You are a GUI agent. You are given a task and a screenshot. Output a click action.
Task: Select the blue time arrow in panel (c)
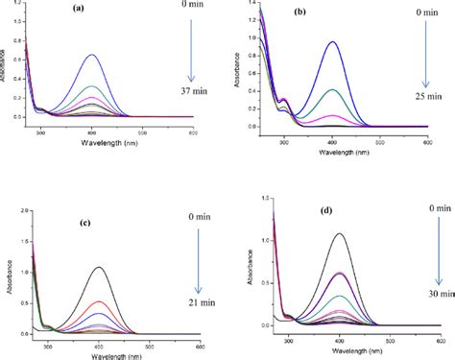tap(197, 259)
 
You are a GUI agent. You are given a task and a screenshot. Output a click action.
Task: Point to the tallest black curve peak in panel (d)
tap(339, 233)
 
